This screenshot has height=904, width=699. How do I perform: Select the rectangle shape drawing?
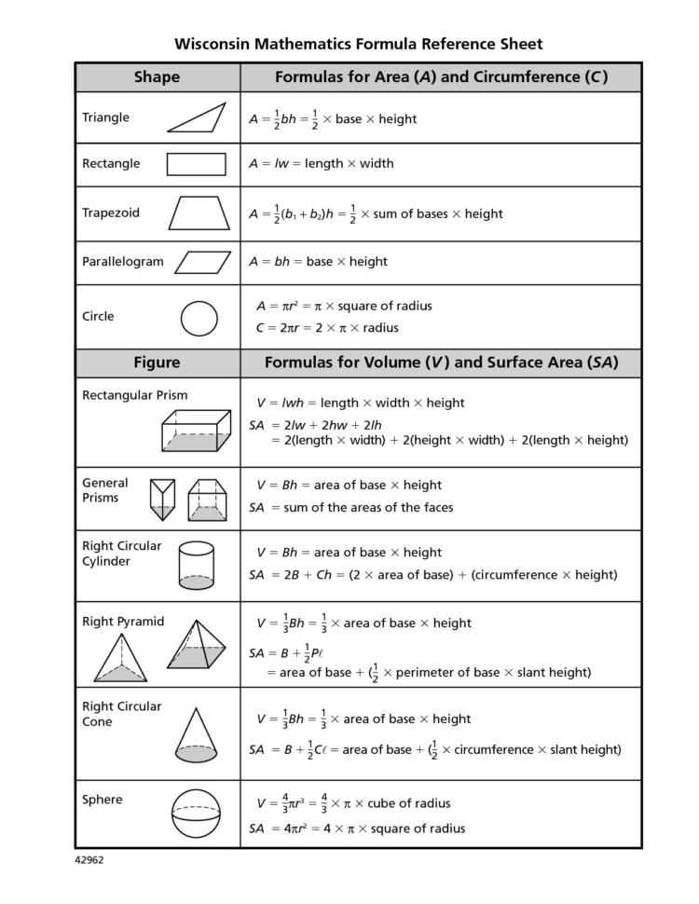(196, 164)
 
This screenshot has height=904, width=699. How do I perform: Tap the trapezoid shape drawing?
(199, 212)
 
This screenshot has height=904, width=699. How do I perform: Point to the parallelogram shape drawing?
(202, 262)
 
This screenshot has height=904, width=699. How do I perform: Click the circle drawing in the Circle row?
(199, 318)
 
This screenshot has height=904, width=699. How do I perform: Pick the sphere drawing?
(197, 815)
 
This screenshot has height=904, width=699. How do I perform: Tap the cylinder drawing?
(196, 567)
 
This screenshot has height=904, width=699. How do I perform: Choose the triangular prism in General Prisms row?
(162, 500)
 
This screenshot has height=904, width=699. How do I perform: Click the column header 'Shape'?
(157, 77)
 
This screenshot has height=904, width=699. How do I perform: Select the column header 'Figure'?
(157, 363)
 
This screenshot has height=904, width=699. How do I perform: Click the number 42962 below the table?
(89, 860)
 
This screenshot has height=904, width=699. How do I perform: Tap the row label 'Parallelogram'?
(122, 262)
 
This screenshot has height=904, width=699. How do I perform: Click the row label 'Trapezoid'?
(111, 212)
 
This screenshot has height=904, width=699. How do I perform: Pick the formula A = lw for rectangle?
(269, 164)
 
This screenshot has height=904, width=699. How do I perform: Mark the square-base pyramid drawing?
(197, 645)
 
